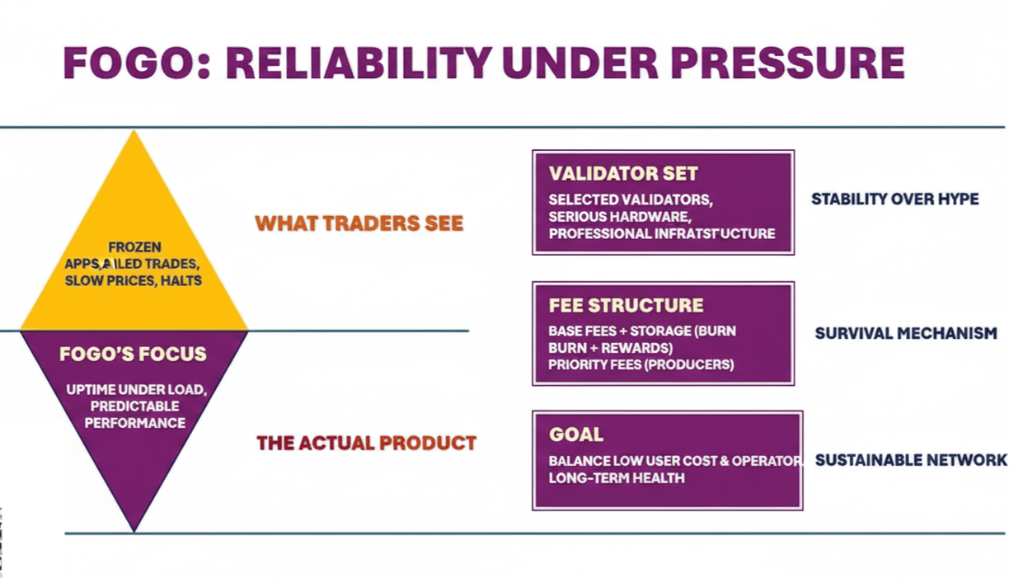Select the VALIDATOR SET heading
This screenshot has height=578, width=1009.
pos(623,174)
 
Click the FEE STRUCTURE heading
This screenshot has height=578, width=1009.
pos(627,306)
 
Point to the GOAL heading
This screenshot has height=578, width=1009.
pos(576,435)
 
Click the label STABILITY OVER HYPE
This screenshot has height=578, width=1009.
pos(895,199)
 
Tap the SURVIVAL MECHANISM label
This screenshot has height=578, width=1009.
pos(906,334)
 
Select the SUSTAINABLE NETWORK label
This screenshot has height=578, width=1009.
pos(911,460)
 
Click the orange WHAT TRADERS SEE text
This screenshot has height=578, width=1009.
pos(359,223)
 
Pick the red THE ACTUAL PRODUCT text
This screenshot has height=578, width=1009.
pos(367,443)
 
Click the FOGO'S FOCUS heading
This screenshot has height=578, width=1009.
pos(133,355)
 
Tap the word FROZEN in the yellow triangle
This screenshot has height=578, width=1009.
pos(134,247)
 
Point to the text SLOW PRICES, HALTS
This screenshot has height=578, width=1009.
pos(134,280)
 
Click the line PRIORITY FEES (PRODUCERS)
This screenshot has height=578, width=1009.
pos(641,364)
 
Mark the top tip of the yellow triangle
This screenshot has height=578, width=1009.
pos(134,132)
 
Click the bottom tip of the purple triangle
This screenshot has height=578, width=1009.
pos(134,530)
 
